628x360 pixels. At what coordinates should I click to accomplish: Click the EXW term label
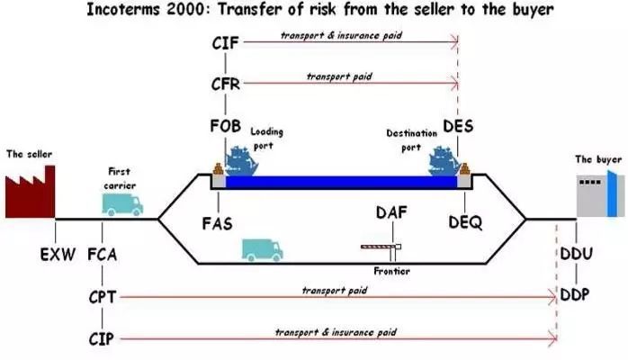[x=58, y=255]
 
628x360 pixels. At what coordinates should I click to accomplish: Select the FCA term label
[x=103, y=255]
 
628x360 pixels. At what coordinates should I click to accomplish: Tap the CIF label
[x=226, y=43]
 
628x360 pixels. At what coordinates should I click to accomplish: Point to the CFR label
[x=226, y=84]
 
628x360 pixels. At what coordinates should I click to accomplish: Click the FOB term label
[x=226, y=126]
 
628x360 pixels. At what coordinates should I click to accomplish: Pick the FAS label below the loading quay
[x=217, y=223]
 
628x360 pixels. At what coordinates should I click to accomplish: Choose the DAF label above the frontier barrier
[x=391, y=212]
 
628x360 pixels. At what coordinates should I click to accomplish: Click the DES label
[x=458, y=126]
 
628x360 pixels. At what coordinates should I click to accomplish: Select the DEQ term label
[x=465, y=222]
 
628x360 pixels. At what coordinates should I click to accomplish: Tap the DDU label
[x=577, y=254]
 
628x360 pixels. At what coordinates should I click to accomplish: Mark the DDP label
[x=575, y=295]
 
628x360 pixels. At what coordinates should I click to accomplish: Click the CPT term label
[x=103, y=297]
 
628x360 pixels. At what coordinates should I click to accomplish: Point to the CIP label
[x=102, y=339]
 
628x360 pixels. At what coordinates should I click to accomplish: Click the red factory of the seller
[x=30, y=194]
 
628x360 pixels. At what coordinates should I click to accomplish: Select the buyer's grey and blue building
[x=600, y=194]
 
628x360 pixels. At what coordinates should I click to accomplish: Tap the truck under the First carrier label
[x=122, y=204]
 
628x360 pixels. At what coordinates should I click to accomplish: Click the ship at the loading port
[x=241, y=161]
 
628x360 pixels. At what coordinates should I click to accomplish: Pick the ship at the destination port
[x=444, y=161]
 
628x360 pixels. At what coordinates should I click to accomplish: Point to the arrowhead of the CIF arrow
[x=455, y=41]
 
